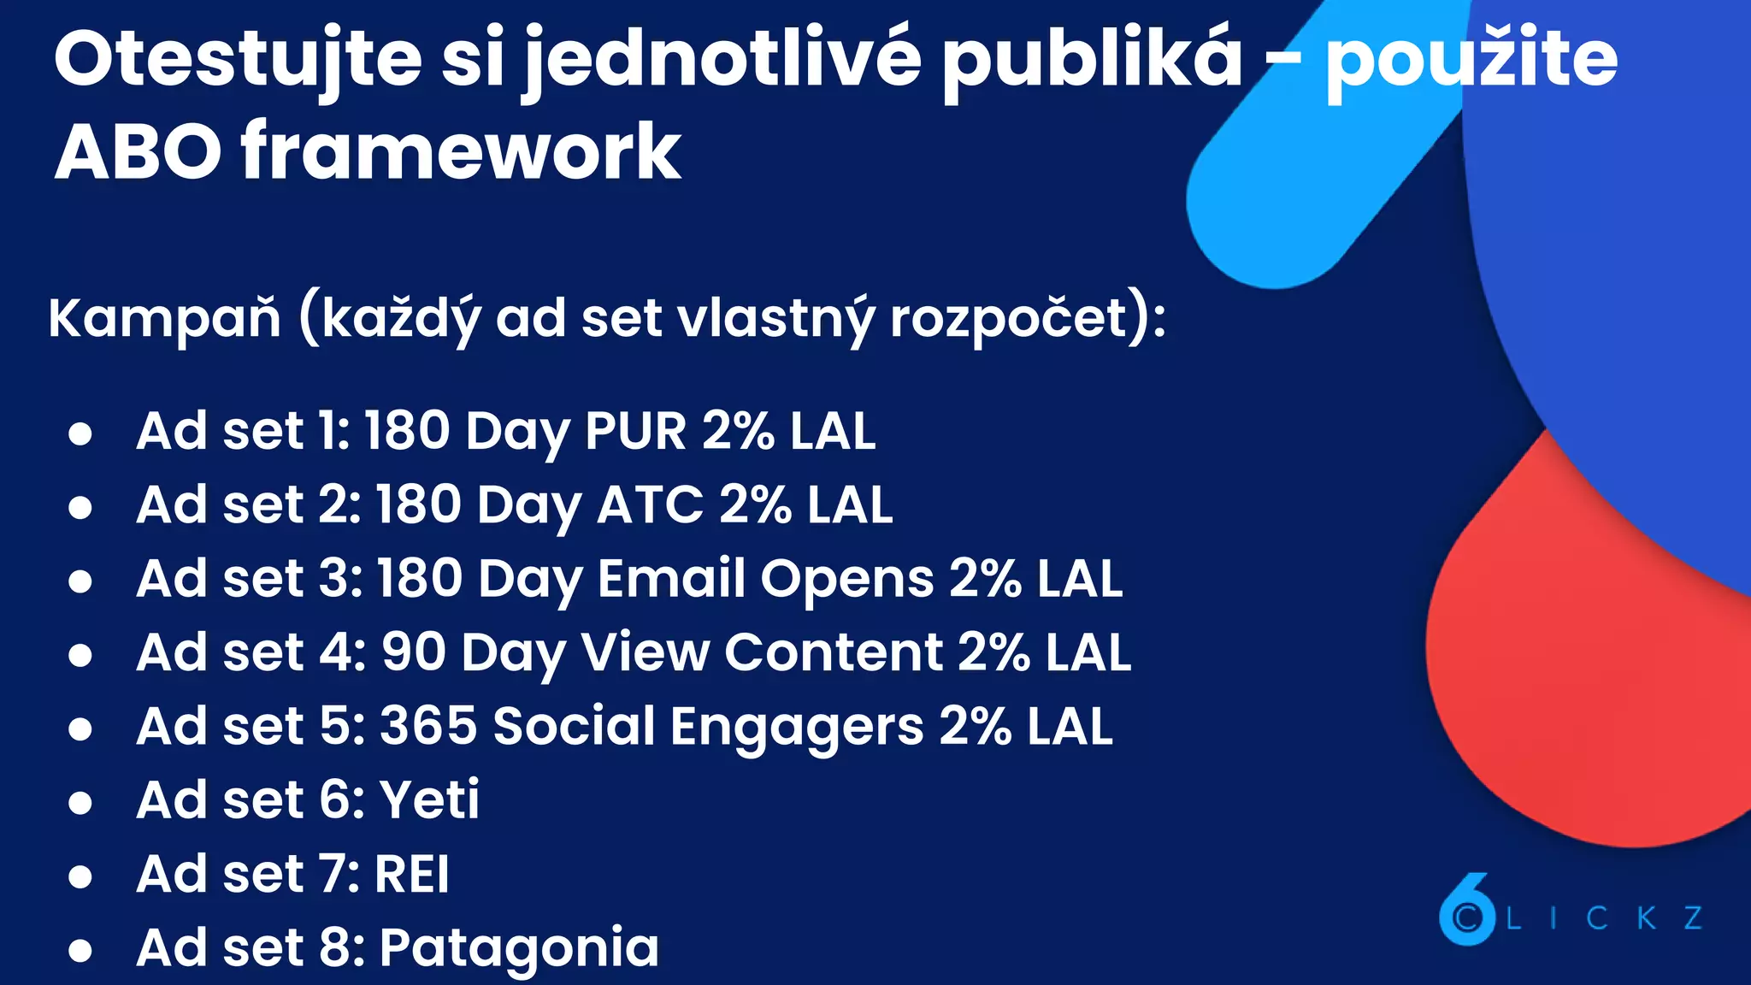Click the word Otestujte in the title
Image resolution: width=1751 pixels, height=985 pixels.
(238, 60)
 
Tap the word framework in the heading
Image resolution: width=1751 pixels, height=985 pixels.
(461, 152)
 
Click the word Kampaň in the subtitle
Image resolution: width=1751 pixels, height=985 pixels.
(165, 318)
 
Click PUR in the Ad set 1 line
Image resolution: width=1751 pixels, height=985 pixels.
(635, 430)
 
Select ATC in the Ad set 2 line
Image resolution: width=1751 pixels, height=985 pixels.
(649, 504)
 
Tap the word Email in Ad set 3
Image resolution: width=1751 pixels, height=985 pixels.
(672, 579)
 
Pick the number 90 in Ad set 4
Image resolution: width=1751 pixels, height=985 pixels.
(414, 652)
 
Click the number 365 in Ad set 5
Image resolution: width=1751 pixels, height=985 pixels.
(428, 727)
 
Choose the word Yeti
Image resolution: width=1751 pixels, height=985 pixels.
(429, 800)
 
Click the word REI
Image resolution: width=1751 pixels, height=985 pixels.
(412, 874)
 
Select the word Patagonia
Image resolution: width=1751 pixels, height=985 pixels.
(519, 948)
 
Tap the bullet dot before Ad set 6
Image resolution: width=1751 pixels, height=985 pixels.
(80, 803)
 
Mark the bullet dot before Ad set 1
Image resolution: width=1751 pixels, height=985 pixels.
(80, 434)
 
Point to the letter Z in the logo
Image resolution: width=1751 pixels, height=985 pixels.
(1694, 918)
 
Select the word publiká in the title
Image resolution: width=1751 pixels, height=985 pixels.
(1092, 60)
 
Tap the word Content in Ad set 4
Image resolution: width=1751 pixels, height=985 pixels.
(834, 652)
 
